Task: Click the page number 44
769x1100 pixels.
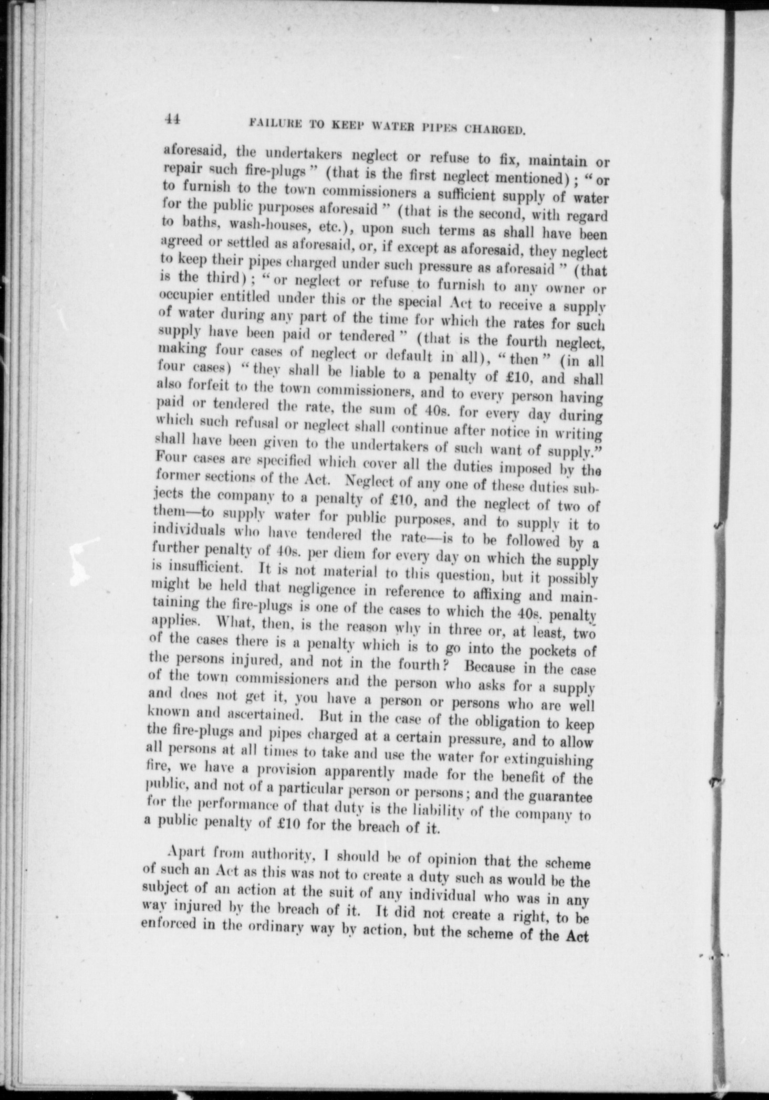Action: [x=172, y=119]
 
